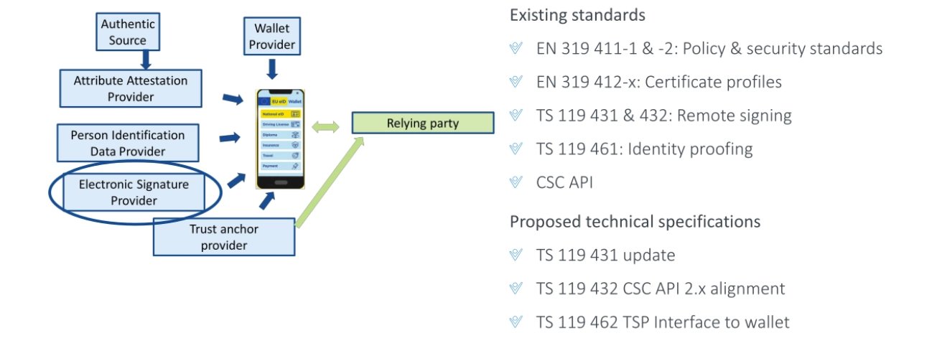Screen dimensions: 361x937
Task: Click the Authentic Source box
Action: point(128,32)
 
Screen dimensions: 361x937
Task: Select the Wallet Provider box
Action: point(271,37)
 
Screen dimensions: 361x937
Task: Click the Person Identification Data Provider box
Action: point(128,143)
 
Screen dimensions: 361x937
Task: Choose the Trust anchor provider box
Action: point(224,238)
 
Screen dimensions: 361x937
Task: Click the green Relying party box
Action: point(423,123)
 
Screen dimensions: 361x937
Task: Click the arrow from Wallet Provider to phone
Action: point(271,70)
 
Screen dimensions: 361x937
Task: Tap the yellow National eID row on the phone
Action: point(280,114)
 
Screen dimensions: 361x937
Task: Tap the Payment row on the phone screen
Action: point(280,166)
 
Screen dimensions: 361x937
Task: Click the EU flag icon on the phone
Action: point(266,101)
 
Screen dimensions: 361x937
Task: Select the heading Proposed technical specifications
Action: point(635,221)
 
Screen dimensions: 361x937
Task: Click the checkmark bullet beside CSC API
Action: point(515,182)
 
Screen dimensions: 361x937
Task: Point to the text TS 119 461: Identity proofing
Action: point(644,149)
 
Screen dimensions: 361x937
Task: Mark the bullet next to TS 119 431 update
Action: point(515,255)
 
